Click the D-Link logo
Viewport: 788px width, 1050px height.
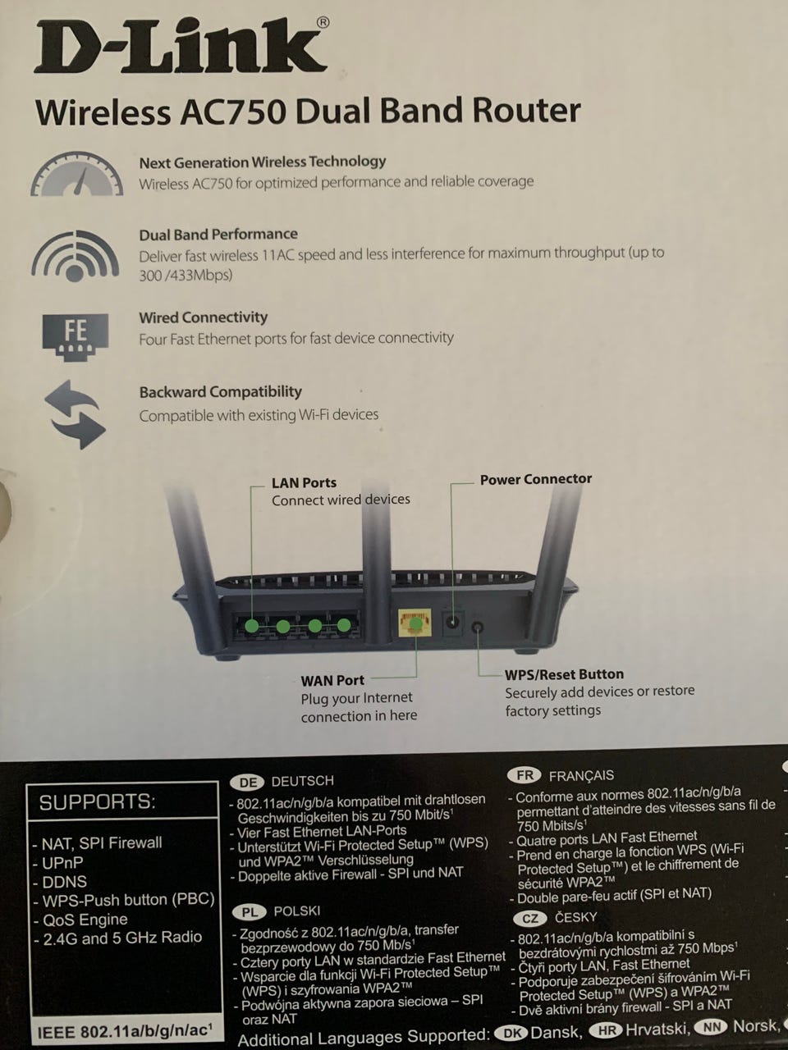click(181, 47)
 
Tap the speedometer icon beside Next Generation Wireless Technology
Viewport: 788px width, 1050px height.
click(77, 174)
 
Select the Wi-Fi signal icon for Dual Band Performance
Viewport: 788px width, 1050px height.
click(76, 255)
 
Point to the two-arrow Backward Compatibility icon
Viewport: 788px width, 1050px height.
click(76, 414)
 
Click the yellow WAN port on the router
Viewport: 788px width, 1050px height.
click(415, 623)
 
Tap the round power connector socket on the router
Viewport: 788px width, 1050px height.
click(452, 623)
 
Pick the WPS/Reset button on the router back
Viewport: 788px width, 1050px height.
click(477, 628)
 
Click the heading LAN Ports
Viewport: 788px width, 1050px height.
click(304, 482)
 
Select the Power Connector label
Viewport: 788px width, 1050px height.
click(536, 479)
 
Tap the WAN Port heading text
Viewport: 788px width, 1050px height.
click(332, 680)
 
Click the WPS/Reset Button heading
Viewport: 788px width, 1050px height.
click(565, 674)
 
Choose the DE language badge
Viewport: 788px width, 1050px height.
click(247, 782)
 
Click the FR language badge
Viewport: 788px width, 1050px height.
click(525, 775)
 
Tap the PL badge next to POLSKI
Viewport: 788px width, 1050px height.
click(250, 912)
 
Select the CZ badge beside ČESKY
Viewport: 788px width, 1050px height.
click(529, 918)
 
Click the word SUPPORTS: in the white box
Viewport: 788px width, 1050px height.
click(98, 801)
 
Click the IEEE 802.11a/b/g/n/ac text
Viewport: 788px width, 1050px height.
click(125, 1031)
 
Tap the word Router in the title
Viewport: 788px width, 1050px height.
click(526, 111)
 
